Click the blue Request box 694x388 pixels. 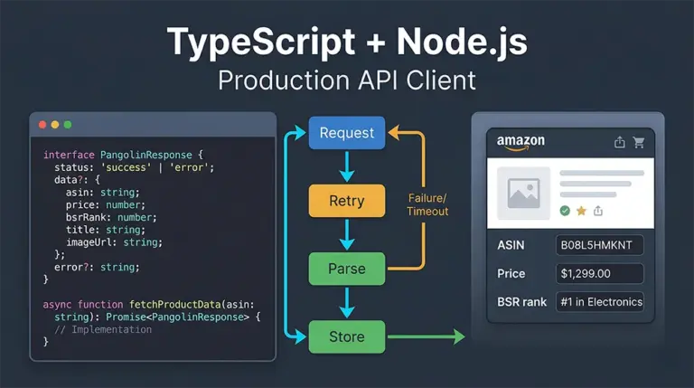[x=346, y=133]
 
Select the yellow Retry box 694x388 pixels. [x=346, y=200]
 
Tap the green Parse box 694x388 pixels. [x=346, y=269]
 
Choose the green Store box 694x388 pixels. [x=346, y=336]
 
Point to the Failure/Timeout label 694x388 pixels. [x=428, y=203]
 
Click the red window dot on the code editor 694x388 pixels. [x=42, y=124]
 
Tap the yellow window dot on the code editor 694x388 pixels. [x=54, y=124]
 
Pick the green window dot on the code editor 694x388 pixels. [x=67, y=124]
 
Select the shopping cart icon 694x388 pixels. [x=639, y=142]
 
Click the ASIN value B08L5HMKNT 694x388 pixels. [x=600, y=245]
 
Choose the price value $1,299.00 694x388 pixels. [x=600, y=273]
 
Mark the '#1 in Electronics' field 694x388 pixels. [x=600, y=301]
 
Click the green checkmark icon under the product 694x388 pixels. [x=565, y=211]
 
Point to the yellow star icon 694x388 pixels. [x=581, y=211]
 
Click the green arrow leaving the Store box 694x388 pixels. [x=425, y=337]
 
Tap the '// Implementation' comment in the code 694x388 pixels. [x=103, y=329]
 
